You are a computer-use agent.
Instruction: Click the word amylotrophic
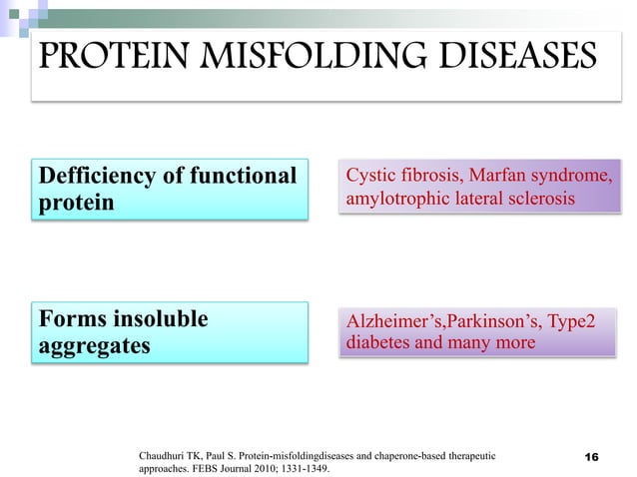[x=394, y=200]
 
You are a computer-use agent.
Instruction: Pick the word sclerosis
[x=540, y=200]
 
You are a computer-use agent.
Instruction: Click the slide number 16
[x=590, y=457]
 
